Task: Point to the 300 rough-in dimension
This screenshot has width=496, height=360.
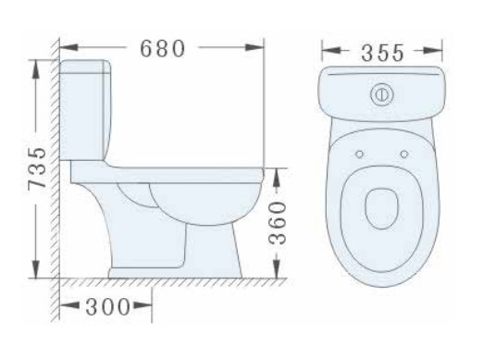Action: tap(105, 307)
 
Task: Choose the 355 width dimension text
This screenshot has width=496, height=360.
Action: tap(382, 52)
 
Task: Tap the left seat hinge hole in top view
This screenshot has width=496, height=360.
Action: tap(357, 153)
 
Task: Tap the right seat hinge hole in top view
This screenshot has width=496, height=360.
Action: tap(403, 153)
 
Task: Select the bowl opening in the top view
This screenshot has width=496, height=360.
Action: tap(380, 208)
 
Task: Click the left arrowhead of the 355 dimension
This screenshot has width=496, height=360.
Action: tap(325, 52)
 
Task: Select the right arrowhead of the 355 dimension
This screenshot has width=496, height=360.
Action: tap(442, 52)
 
